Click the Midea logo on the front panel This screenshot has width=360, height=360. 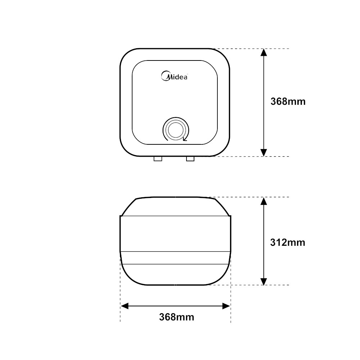(175, 76)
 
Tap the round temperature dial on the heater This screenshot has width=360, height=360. (176, 130)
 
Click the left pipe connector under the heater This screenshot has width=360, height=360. (158, 159)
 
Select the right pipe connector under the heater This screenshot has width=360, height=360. (190, 159)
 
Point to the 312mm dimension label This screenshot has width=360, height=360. (287, 242)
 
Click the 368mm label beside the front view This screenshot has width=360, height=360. (288, 102)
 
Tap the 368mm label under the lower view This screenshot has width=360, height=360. (176, 317)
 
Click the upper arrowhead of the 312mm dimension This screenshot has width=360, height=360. (264, 201)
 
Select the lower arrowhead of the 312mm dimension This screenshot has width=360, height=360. (264, 281)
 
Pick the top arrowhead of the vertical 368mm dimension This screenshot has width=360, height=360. (264, 53)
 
